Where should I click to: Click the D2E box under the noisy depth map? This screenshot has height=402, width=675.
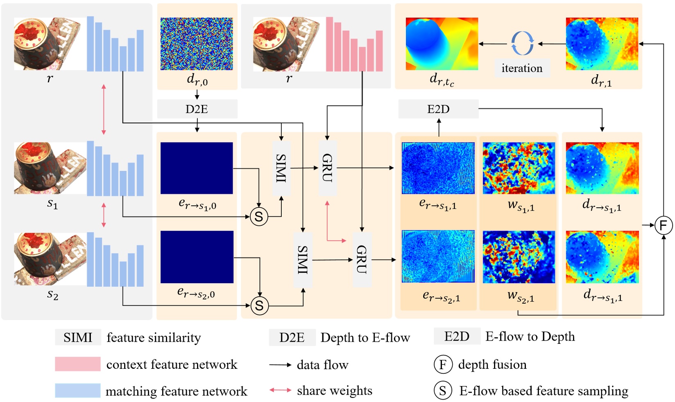pyautogui.click(x=197, y=109)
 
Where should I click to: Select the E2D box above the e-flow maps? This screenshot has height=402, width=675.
pyautogui.click(x=438, y=109)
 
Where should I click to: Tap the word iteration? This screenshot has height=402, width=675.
pyautogui.click(x=522, y=68)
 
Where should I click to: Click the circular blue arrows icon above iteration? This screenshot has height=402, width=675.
pyautogui.click(x=522, y=43)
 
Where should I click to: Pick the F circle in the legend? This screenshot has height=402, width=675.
pyautogui.click(x=443, y=364)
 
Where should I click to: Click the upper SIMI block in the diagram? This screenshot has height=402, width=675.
pyautogui.click(x=281, y=168)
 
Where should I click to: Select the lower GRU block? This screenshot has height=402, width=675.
pyautogui.click(x=362, y=259)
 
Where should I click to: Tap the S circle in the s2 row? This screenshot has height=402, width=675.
pyautogui.click(x=259, y=305)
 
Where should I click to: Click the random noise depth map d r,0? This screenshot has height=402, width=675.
pyautogui.click(x=197, y=44)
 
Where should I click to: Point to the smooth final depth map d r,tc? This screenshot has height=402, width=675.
pyautogui.click(x=442, y=44)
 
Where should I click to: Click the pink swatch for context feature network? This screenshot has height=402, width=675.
pyautogui.click(x=78, y=364)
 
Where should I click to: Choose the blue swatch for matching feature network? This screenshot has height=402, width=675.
pyautogui.click(x=78, y=391)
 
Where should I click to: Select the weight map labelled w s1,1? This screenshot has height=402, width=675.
pyautogui.click(x=519, y=168)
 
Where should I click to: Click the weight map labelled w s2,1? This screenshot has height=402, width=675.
pyautogui.click(x=519, y=257)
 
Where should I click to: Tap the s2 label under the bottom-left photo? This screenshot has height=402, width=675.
pyautogui.click(x=52, y=294)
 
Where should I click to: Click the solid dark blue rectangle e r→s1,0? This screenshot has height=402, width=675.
pyautogui.click(x=197, y=168)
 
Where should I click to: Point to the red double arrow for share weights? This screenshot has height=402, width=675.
pyautogui.click(x=280, y=390)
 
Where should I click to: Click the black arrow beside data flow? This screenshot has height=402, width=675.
pyautogui.click(x=280, y=365)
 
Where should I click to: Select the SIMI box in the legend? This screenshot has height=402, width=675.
pyautogui.click(x=78, y=337)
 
